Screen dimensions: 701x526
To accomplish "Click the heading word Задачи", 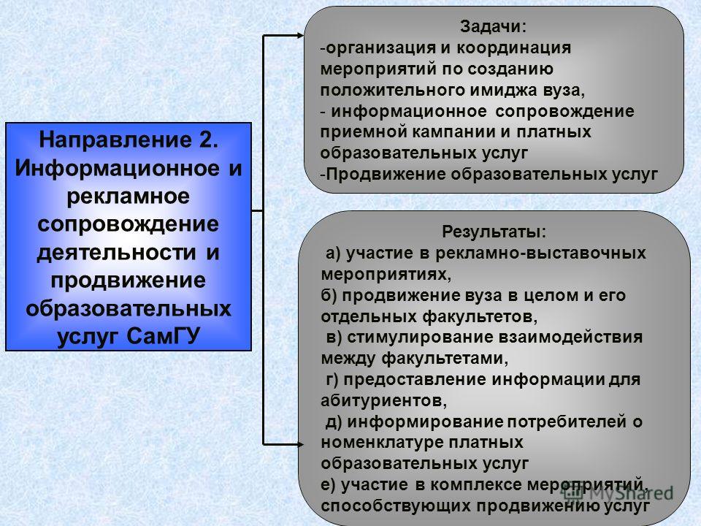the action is (x=491, y=27).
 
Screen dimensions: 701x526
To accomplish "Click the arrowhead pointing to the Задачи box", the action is (x=299, y=35).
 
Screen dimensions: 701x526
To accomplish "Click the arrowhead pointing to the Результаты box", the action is (x=299, y=444).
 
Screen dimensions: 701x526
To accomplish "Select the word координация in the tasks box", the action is (x=513, y=48).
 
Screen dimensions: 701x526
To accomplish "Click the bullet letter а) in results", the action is (x=333, y=254).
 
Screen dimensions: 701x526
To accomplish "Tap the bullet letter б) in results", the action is (x=329, y=296).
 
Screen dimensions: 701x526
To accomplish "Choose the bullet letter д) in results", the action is (x=333, y=422).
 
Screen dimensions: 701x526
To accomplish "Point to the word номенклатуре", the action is (x=382, y=443).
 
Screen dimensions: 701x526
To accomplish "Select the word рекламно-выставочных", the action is (x=541, y=254).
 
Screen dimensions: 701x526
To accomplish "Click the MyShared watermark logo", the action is (x=618, y=493).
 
